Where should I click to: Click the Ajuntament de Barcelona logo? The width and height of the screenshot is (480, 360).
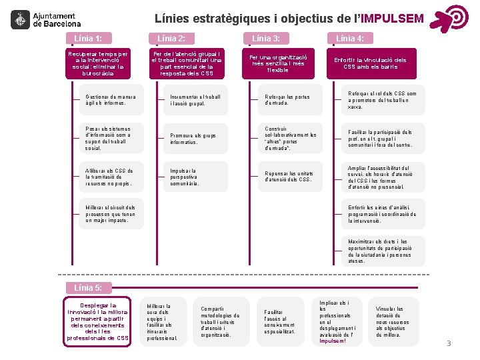43,19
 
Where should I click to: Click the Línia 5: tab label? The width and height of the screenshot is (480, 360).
89,287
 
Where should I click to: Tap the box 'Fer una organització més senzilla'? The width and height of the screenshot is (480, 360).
277,63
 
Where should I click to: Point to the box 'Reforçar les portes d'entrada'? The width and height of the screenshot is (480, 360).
287,100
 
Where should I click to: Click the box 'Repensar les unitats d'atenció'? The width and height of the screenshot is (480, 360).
287,177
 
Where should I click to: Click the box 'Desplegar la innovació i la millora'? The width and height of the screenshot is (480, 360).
98,322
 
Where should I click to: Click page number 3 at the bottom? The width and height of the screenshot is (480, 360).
449,343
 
